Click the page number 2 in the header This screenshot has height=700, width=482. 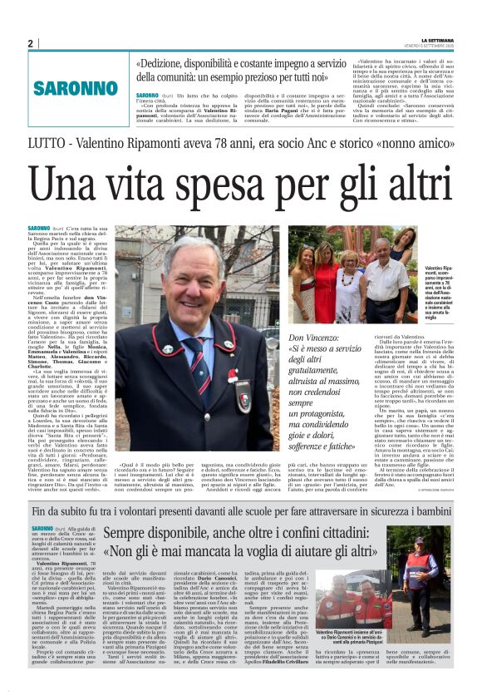click(31, 43)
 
